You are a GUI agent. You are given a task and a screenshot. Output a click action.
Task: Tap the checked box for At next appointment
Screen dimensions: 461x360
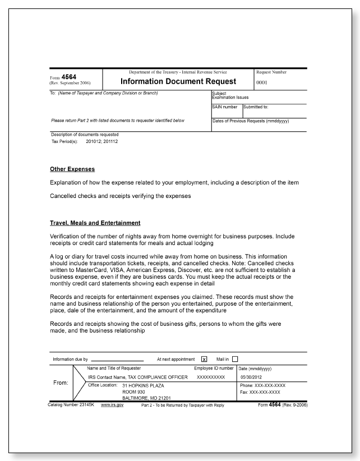point(204,359)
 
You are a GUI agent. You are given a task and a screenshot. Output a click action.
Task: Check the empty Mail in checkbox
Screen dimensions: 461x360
point(235,359)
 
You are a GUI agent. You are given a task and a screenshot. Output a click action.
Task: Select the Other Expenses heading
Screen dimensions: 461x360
point(72,169)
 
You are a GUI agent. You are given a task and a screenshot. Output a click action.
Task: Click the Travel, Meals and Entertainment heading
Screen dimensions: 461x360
point(95,223)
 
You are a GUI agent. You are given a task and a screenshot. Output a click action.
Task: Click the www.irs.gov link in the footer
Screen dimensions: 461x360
point(112,405)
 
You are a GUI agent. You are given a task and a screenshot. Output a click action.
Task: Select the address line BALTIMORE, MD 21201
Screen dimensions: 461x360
point(147,398)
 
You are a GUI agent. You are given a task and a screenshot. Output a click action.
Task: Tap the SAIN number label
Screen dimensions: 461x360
point(225,107)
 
